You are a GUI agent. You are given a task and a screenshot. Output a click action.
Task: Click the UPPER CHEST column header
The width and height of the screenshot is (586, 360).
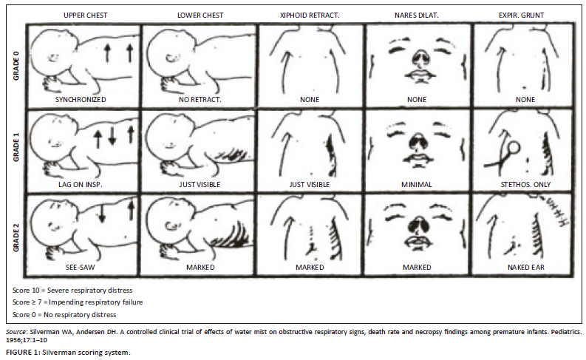(85, 16)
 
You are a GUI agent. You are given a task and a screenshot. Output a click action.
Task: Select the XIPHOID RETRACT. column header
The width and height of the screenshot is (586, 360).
(310, 16)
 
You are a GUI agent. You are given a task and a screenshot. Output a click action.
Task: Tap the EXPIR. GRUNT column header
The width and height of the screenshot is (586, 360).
(521, 16)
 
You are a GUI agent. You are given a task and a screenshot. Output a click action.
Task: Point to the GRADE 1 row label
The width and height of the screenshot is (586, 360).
(16, 150)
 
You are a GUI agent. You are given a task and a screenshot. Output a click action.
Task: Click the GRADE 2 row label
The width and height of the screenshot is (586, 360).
(16, 240)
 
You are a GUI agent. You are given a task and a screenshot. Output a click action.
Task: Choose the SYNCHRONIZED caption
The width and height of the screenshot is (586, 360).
(81, 100)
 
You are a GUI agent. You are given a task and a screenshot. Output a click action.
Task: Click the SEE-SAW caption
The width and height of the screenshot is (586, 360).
(81, 268)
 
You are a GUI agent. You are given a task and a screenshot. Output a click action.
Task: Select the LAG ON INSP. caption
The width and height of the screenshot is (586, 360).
(80, 184)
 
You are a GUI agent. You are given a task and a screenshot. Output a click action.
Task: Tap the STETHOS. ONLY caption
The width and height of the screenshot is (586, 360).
(525, 184)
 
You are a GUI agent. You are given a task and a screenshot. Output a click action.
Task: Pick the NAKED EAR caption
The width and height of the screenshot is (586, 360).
(526, 268)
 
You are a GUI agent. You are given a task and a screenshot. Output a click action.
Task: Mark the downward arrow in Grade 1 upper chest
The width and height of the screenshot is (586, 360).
(112, 137)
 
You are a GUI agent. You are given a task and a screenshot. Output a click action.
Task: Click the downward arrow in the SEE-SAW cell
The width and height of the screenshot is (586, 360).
(101, 213)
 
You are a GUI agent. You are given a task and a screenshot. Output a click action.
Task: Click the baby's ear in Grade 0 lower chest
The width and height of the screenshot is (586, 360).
(171, 58)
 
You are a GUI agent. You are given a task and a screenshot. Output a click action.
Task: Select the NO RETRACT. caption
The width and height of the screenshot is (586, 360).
(200, 100)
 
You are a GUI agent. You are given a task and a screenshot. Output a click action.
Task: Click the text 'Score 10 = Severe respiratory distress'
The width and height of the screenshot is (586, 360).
(72, 290)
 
